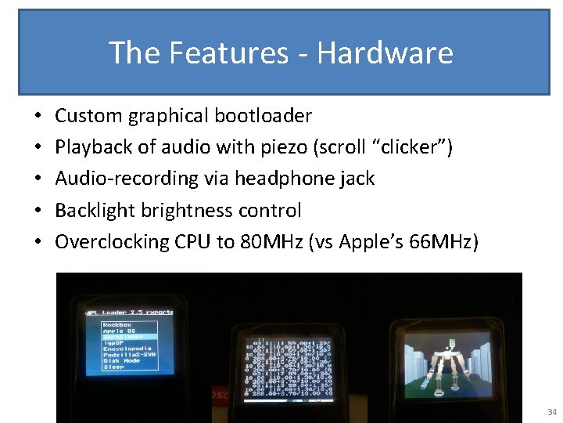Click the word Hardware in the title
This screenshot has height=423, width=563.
coord(385,53)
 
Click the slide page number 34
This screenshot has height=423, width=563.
coord(552,412)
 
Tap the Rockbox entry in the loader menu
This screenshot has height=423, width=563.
coord(117,324)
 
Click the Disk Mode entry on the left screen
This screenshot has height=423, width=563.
coord(120,360)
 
